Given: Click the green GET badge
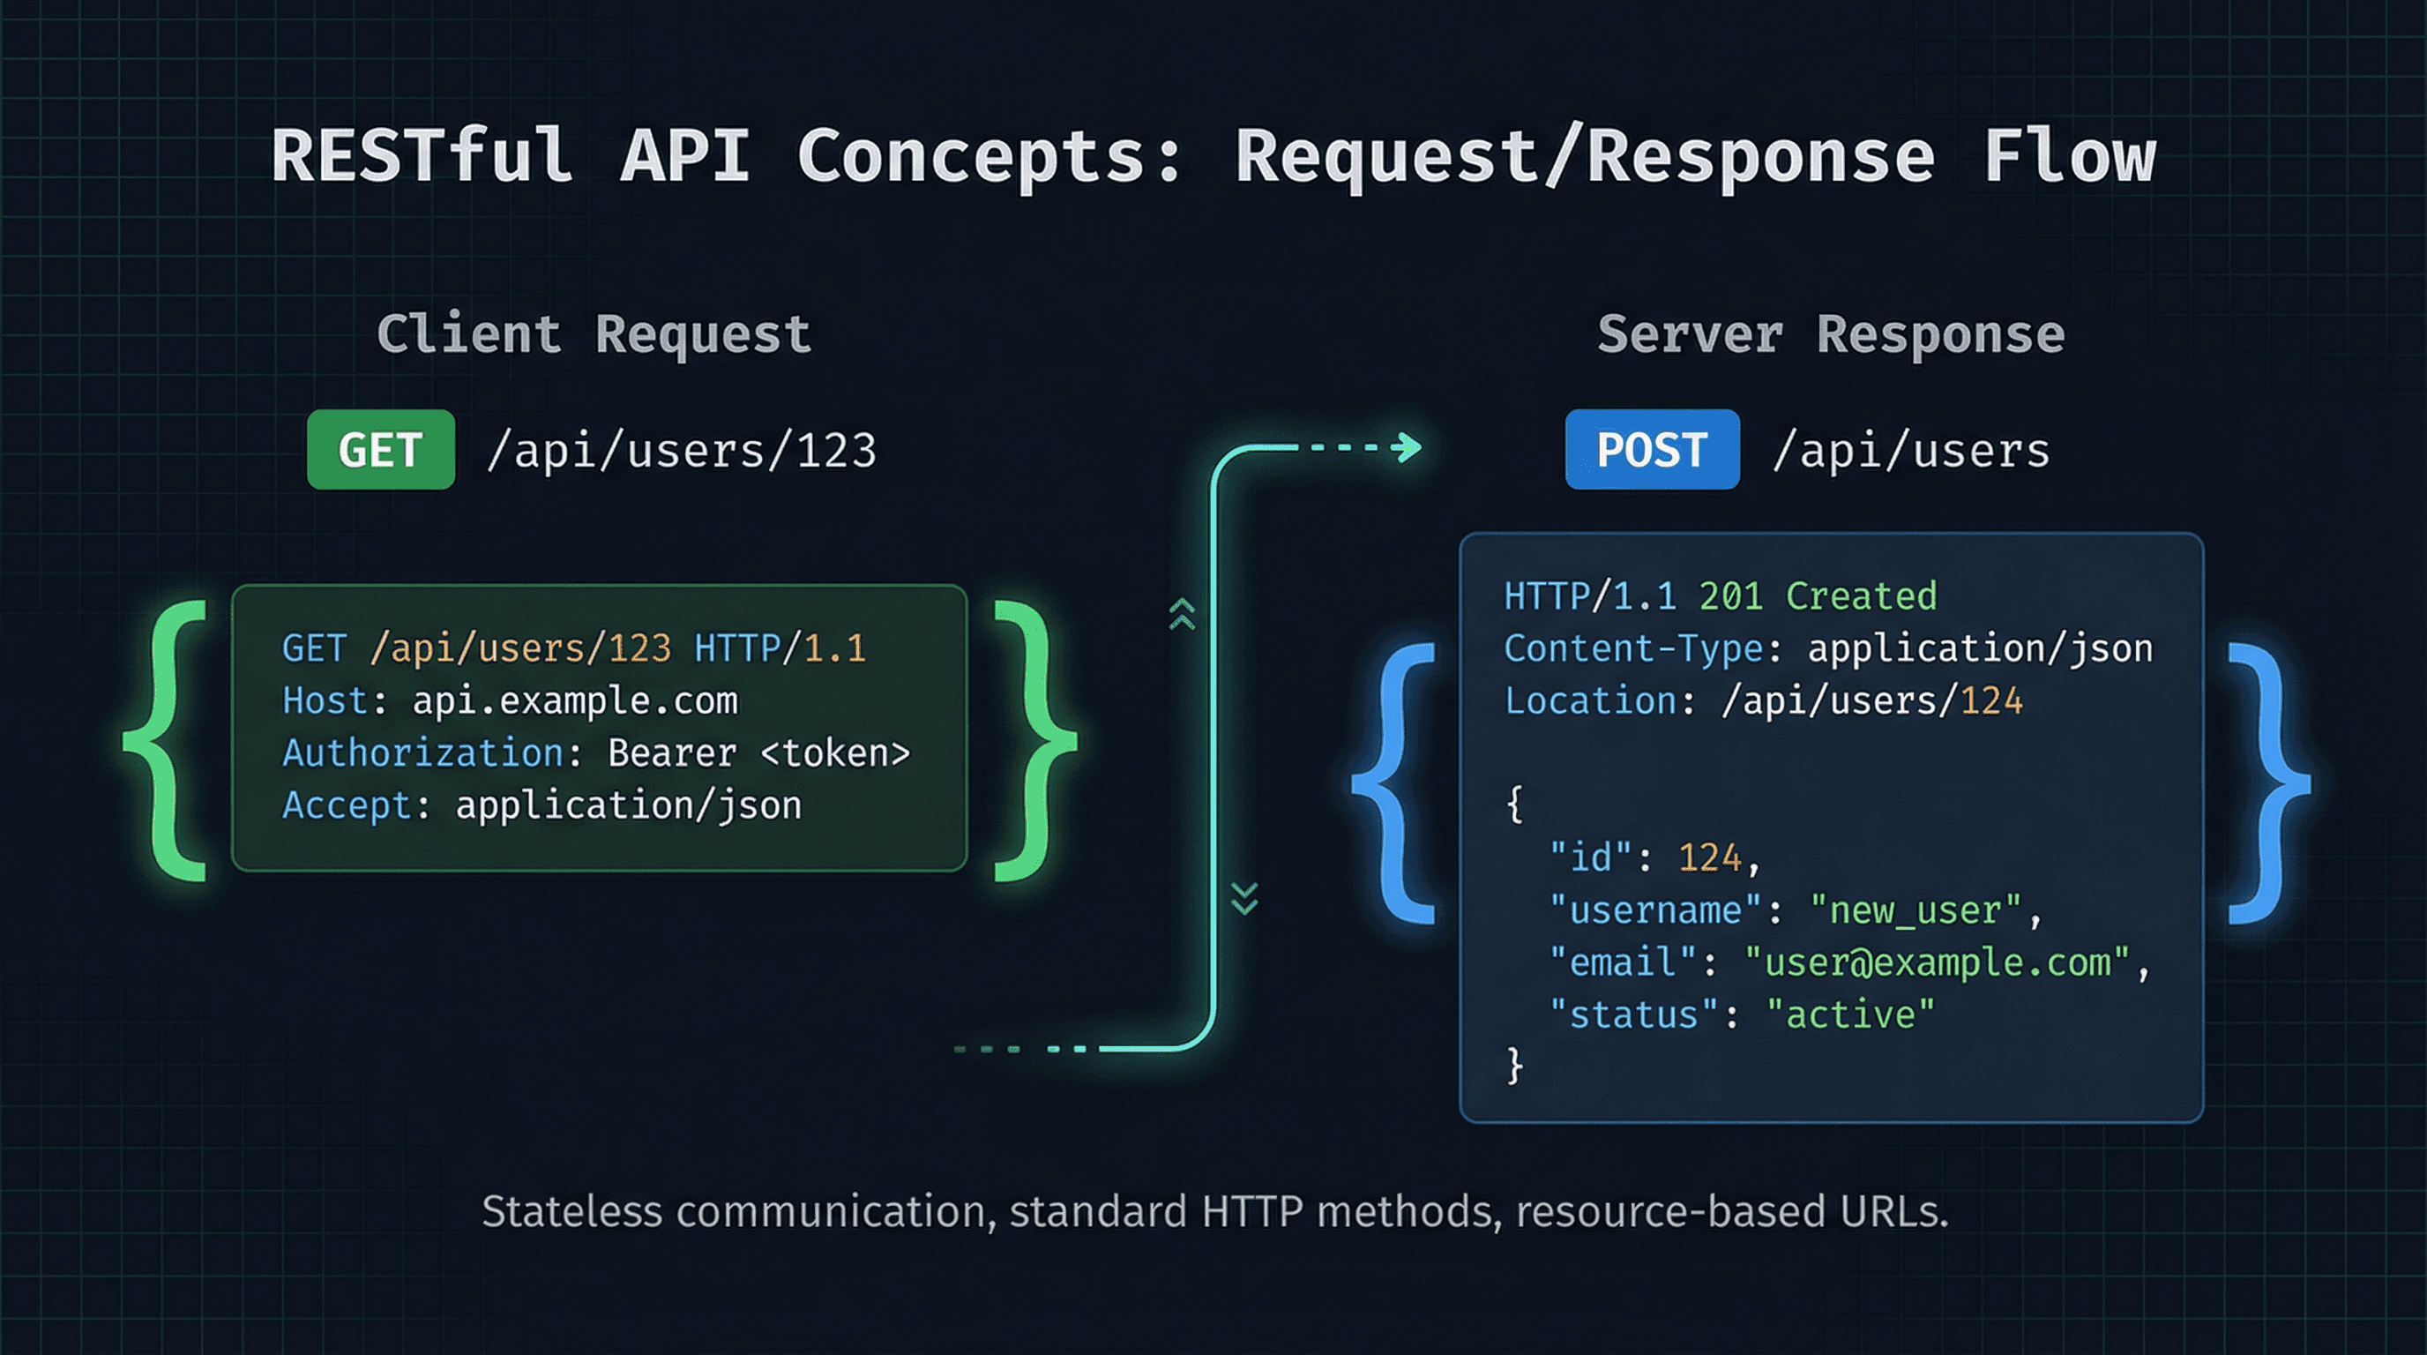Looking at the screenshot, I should (381, 450).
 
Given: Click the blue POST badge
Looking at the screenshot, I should (1652, 450).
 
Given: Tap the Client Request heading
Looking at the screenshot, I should (594, 334).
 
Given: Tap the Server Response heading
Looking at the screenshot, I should (1831, 334).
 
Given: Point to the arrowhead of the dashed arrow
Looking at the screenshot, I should (1409, 447).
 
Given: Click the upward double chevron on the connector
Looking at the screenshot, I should (1183, 613).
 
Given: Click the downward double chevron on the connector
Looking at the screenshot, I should (1244, 899).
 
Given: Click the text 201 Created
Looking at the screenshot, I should (1818, 596).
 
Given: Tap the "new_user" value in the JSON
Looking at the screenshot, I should (1915, 911).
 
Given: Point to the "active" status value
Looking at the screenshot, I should (1850, 1015).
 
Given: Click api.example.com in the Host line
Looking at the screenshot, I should (575, 701).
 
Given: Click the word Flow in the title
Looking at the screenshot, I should (2069, 156).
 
